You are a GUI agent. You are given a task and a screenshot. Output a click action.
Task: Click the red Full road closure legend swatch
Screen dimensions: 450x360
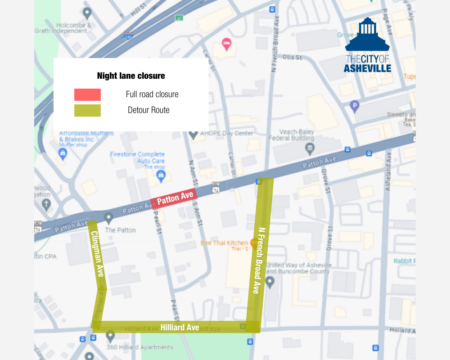click(x=87, y=94)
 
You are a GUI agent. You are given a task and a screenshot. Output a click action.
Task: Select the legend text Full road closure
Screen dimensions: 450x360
click(x=152, y=94)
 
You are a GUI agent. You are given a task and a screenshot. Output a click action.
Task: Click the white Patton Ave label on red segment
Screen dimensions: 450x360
click(x=177, y=201)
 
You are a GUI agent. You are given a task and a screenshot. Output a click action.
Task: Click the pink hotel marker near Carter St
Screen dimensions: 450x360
click(x=227, y=43)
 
